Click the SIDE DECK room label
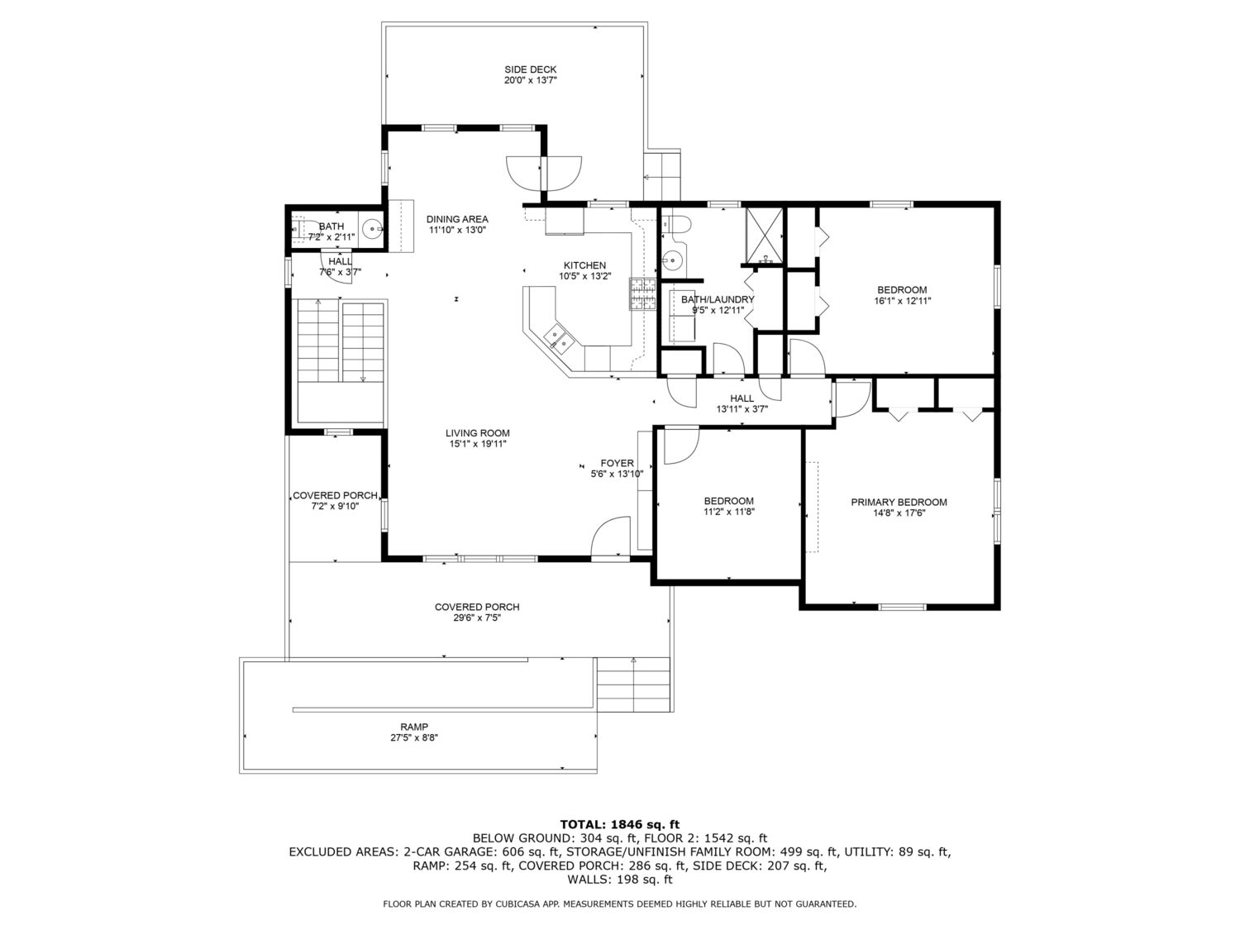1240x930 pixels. pos(530,69)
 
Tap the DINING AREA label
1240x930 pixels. pos(457,219)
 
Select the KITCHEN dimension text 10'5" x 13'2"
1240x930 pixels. pos(584,276)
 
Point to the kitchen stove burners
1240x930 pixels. pos(642,294)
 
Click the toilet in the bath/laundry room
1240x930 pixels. pos(675,225)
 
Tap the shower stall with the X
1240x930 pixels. pos(765,236)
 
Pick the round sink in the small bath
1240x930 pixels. pos(373,229)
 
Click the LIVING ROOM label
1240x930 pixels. pos(477,433)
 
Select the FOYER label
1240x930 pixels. pos(617,463)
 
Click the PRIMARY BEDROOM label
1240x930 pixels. pos(899,502)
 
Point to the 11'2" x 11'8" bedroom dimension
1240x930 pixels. pos(729,513)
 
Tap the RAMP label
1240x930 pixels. pos(414,727)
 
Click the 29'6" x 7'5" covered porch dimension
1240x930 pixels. pos(477,618)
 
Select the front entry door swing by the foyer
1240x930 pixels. pos(610,536)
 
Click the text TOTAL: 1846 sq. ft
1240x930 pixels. pos(620,825)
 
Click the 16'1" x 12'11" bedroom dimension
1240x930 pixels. pos(902,301)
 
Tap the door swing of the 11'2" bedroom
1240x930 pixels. pos(681,446)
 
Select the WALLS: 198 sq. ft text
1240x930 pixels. pos(620,880)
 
